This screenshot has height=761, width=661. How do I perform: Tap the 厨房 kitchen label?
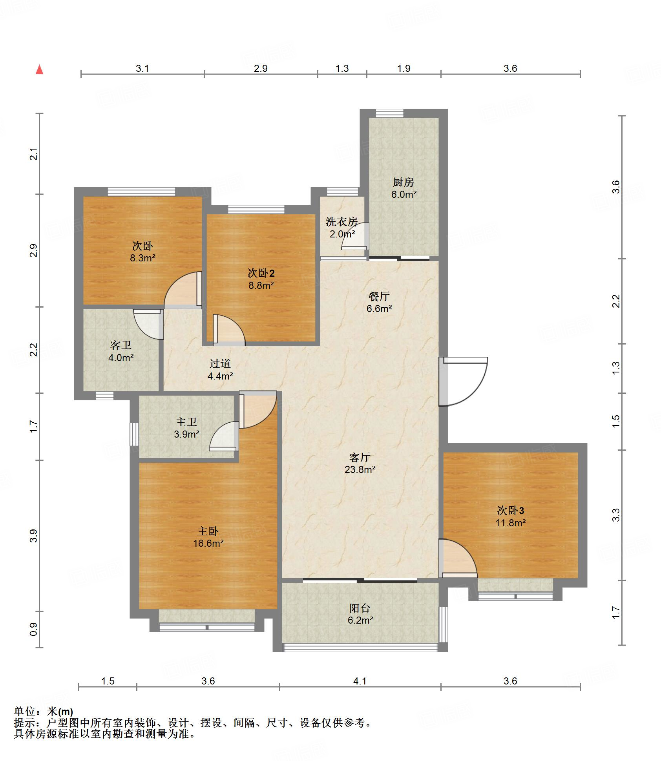point(403,182)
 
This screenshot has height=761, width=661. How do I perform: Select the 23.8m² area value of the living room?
point(360,469)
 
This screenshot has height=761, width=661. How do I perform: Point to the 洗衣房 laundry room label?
point(341,222)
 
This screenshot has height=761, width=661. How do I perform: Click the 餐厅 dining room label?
point(379,296)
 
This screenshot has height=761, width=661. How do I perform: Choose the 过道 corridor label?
point(220,364)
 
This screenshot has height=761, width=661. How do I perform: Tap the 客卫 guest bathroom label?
point(121,345)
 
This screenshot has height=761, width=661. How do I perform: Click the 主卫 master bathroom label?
point(186,422)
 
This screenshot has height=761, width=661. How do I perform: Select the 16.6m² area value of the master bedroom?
point(208,543)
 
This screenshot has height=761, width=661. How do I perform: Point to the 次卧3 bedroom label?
point(510,511)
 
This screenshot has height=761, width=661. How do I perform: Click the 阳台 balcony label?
point(360,608)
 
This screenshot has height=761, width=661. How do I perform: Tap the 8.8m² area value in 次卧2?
point(261,285)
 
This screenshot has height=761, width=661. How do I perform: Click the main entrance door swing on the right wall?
point(463,381)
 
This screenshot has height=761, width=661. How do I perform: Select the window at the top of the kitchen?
point(389,113)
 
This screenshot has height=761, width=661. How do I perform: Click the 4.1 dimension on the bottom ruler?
point(360,681)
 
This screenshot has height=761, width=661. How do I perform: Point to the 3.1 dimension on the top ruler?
point(142,68)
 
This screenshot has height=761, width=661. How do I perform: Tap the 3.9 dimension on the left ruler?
point(34,536)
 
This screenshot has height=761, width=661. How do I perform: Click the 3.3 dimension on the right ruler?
point(616,515)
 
